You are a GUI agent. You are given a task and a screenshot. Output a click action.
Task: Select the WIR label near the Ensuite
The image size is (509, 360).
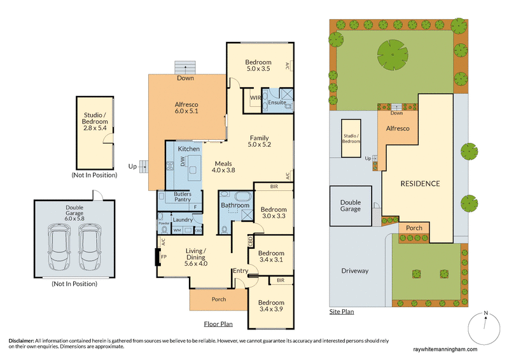coord(255,98)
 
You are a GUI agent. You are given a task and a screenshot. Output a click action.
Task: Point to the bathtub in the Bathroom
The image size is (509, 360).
coord(235,196)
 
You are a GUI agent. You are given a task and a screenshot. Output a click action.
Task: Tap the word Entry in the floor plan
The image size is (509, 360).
coord(241,271)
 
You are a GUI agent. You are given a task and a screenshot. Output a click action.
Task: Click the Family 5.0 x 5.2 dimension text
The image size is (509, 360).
coord(259,145)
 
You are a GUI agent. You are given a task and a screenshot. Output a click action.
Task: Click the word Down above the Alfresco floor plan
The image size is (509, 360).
coord(186,78)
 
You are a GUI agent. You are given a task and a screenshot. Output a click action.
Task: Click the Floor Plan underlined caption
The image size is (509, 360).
coord(218,324)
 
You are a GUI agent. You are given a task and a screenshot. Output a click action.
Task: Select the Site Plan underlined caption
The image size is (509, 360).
coord(342,312)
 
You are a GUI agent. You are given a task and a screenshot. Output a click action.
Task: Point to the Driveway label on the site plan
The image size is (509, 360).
coord(354,270)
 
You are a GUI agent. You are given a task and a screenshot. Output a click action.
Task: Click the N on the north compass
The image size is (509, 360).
coord(485,313)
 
